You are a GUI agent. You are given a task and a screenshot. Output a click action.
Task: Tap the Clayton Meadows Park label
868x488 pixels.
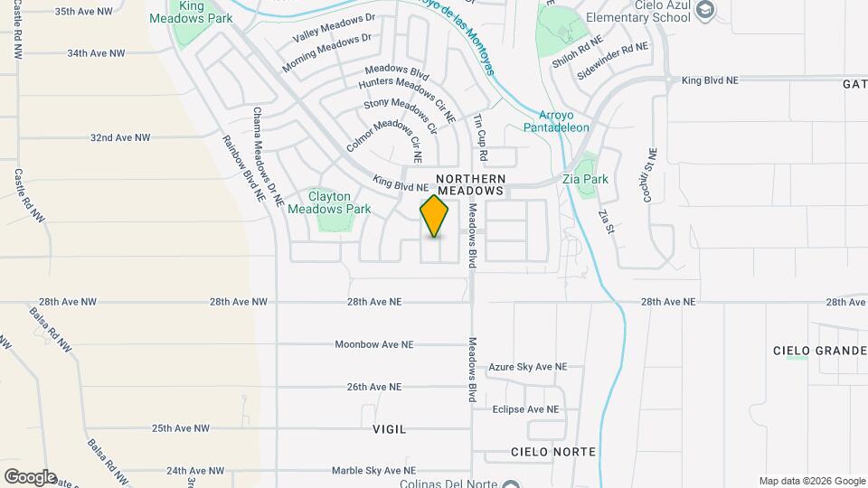(328, 202)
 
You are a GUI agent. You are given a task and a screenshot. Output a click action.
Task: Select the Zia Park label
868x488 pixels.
(585, 179)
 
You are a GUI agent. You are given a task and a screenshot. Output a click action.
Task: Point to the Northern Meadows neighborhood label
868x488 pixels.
(469, 185)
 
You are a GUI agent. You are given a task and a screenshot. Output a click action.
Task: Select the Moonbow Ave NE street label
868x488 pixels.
(373, 344)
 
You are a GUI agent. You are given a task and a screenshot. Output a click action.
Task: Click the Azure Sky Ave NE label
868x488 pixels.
(527, 367)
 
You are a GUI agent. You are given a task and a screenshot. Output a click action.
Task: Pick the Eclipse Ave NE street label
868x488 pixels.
(525, 409)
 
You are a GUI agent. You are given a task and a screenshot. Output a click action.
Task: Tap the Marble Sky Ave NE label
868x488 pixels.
(373, 471)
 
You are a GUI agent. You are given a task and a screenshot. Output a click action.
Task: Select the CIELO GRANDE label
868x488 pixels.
(820, 350)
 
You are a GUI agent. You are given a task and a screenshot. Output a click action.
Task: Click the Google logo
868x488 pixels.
(30, 477)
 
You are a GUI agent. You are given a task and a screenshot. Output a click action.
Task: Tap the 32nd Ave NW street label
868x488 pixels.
(119, 138)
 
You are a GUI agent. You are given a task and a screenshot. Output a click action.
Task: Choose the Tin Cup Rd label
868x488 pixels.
(482, 138)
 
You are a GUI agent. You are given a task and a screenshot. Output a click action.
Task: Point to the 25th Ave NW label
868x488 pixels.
(180, 428)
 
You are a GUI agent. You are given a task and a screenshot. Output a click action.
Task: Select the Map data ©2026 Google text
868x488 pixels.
(811, 481)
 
